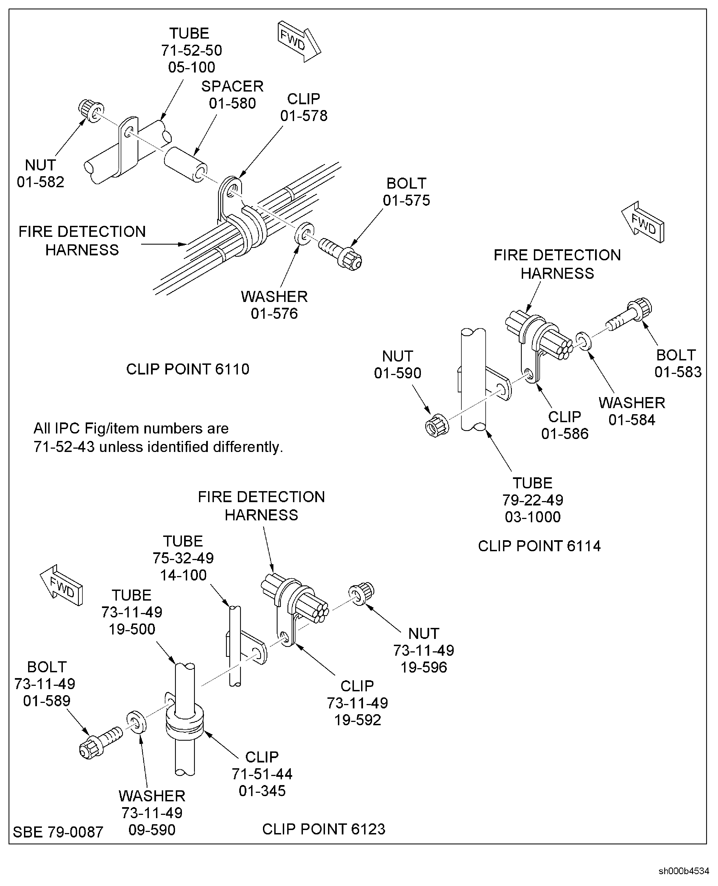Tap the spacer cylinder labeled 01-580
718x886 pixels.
point(185,164)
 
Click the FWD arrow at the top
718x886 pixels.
point(299,41)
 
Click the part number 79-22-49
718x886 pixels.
point(533,500)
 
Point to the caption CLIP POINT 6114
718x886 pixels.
point(539,546)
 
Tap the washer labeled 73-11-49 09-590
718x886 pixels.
point(136,722)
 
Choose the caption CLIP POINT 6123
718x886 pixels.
point(323,829)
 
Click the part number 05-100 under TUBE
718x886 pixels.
point(192,67)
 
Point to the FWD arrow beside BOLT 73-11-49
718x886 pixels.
point(62,585)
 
